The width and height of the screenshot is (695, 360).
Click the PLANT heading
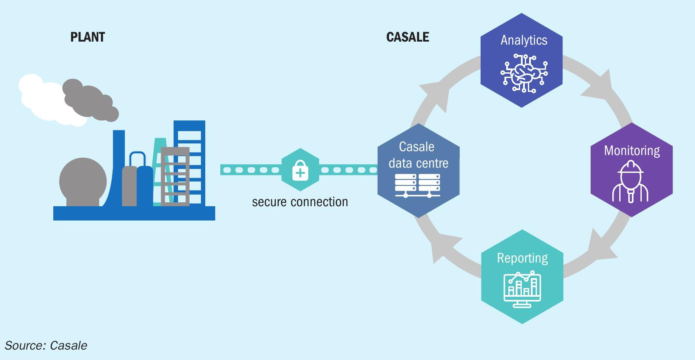pyautogui.click(x=87, y=37)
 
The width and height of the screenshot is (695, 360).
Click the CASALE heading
pyautogui.click(x=407, y=37)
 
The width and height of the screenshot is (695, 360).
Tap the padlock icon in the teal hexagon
pyautogui.click(x=300, y=170)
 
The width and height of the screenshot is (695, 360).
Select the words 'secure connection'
pyautogui.click(x=300, y=202)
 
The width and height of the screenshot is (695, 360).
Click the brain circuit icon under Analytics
pyautogui.click(x=524, y=73)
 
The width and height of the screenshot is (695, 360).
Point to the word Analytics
pyautogui.click(x=524, y=40)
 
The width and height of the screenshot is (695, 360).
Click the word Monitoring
pyautogui.click(x=632, y=150)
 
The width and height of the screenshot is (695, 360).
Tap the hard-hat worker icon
pyautogui.click(x=630, y=182)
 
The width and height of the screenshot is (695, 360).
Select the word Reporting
pyautogui.click(x=522, y=258)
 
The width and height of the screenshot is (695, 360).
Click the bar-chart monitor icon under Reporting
pyautogui.click(x=522, y=289)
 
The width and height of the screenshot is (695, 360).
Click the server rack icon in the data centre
pyautogui.click(x=417, y=185)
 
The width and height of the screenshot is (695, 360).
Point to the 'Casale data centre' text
pyautogui.click(x=418, y=155)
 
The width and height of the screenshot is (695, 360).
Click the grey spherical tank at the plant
pyautogui.click(x=83, y=182)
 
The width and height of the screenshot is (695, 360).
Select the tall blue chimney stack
pyautogui.click(x=117, y=168)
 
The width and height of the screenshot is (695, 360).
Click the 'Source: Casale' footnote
pyautogui.click(x=46, y=345)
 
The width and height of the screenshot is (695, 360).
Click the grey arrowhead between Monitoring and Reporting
pyautogui.click(x=601, y=246)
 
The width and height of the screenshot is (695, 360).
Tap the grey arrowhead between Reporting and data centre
pyautogui.click(x=444, y=247)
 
